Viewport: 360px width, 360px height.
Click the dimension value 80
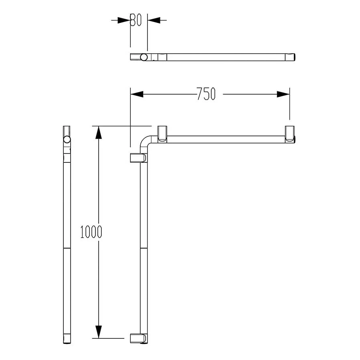click(x=136, y=20)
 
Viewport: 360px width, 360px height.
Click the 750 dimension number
click(x=206, y=94)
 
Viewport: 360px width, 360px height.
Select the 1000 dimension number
click(x=91, y=232)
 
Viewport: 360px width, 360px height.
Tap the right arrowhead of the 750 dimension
click(x=283, y=94)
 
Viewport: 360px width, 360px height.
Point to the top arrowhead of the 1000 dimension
click(x=98, y=133)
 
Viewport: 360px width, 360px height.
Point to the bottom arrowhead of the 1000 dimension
click(x=98, y=332)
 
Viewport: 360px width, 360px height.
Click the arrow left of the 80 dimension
click(x=124, y=20)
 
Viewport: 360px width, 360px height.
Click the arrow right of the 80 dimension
click(x=154, y=20)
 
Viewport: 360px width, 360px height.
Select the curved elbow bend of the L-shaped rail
click(x=145, y=142)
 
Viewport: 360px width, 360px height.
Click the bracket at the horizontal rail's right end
click(x=290, y=134)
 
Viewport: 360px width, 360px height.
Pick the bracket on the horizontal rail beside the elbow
click(x=162, y=133)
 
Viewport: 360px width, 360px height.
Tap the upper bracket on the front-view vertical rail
click(x=139, y=158)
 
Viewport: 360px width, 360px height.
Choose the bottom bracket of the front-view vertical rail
click(x=139, y=338)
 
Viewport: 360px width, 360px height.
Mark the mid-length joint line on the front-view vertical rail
click(x=144, y=249)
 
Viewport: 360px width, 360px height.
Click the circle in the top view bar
click(x=144, y=57)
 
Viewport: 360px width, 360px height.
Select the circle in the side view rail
click(x=67, y=140)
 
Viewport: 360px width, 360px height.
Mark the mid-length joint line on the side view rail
click(x=67, y=249)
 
